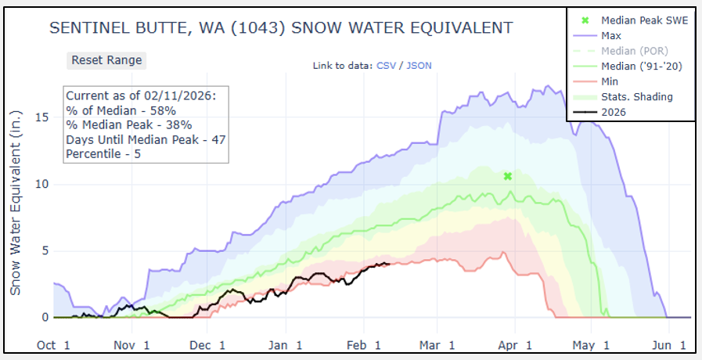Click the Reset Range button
(x=106, y=60)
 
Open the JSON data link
(x=419, y=66)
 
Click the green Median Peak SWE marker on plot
(x=507, y=176)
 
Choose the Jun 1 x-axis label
(x=671, y=345)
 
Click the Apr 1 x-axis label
(x=518, y=345)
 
